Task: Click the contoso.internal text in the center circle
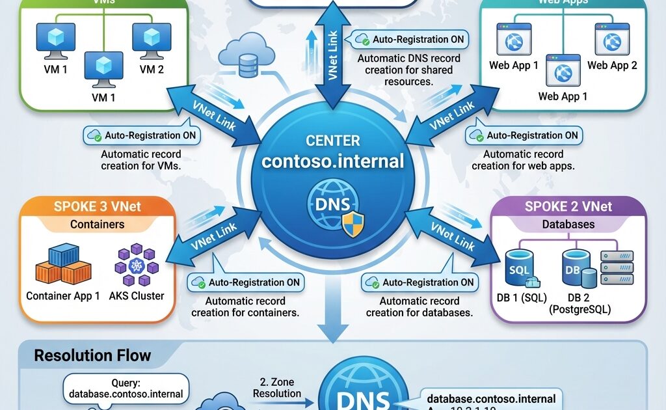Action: pos(333,161)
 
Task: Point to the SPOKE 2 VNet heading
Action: pos(568,207)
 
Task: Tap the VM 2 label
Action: pos(152,69)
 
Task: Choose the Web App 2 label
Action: pos(612,65)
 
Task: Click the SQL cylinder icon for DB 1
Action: pos(520,269)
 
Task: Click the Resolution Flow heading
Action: pos(92,355)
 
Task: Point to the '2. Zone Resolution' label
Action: pos(276,388)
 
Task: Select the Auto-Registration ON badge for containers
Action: pos(247,282)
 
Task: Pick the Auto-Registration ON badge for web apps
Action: pos(525,135)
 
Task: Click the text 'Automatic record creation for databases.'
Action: pos(419,307)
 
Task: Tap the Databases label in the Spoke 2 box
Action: pos(568,225)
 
